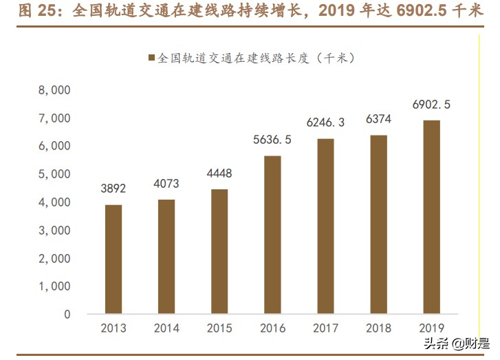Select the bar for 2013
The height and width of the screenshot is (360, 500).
(113, 260)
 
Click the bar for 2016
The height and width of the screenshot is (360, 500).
(272, 235)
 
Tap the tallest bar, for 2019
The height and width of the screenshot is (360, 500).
(431, 217)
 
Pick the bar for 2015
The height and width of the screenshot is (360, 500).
(219, 251)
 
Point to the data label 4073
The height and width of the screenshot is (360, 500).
(166, 184)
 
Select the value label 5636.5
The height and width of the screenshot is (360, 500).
(272, 140)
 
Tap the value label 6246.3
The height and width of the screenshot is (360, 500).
(325, 123)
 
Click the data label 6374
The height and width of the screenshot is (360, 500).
(378, 120)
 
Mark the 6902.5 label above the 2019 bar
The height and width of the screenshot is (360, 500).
(431, 105)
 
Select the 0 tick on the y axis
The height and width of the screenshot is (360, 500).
(67, 315)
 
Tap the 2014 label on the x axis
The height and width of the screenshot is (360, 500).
(166, 328)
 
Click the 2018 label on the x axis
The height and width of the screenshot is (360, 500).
(378, 328)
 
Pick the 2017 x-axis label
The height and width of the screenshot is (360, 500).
(325, 328)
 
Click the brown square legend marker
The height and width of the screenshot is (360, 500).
(151, 59)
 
